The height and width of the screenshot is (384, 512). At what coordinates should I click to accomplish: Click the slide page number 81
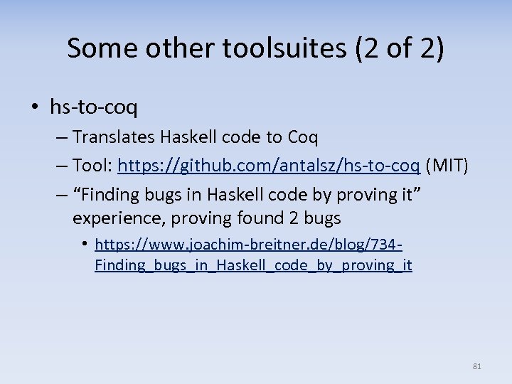(x=476, y=366)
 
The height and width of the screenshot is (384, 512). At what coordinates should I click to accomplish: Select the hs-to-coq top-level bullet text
(x=94, y=107)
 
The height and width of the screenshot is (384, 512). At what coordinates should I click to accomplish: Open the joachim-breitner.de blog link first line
(x=249, y=245)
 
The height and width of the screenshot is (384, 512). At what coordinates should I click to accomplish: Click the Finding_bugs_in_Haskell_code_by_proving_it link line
(x=253, y=265)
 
